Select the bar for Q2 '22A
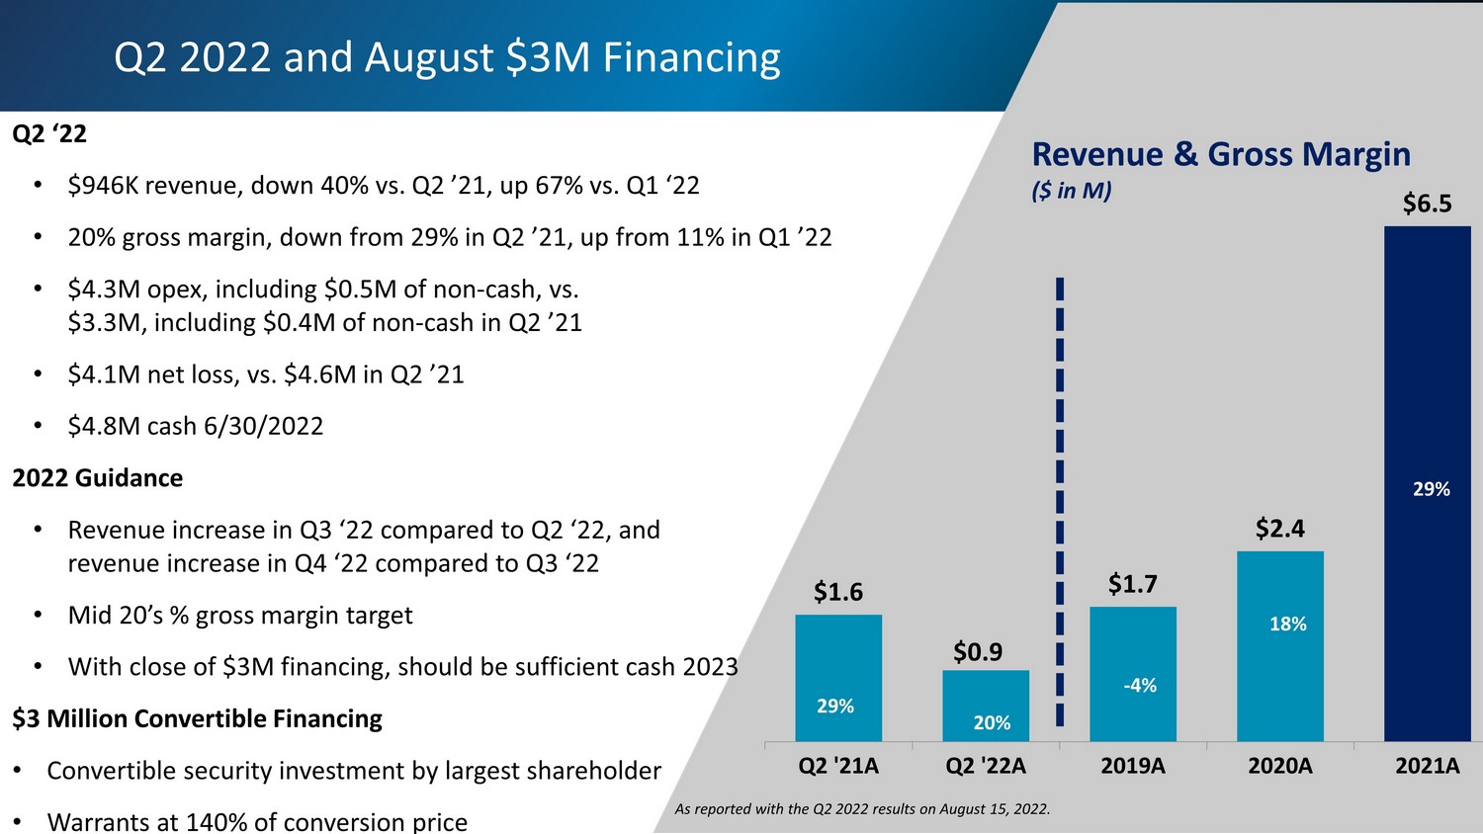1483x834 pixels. pos(985,706)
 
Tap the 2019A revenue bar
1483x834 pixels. pos(1132,674)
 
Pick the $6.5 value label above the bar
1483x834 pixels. pos(1427,204)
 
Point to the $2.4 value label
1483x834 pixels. pos(1279,529)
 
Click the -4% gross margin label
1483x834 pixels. pos(1139,686)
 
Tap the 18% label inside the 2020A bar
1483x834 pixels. pos(1287,624)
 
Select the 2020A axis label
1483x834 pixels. pos(1279,766)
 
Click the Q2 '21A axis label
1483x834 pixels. pos(838,766)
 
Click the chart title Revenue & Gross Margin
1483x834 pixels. pos(1220,154)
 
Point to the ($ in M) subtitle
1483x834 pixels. pos(1071,191)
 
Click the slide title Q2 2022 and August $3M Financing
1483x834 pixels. pos(447,57)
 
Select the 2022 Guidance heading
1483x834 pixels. pos(98,478)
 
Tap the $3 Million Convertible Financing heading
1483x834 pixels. pos(197,718)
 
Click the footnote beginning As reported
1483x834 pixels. pos(862,809)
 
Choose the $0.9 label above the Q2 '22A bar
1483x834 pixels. pos(977,652)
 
